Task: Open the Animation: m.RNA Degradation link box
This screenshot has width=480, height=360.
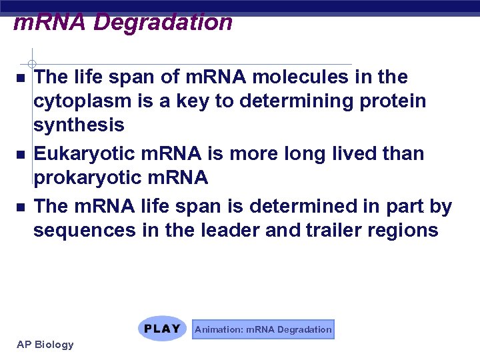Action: click(x=263, y=329)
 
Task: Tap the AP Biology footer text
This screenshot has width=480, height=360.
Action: click(x=44, y=345)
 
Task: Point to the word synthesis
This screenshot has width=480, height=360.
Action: click(x=79, y=125)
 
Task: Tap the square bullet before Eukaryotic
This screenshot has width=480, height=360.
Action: click(x=21, y=155)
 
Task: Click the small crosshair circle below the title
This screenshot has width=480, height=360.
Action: click(x=31, y=64)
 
